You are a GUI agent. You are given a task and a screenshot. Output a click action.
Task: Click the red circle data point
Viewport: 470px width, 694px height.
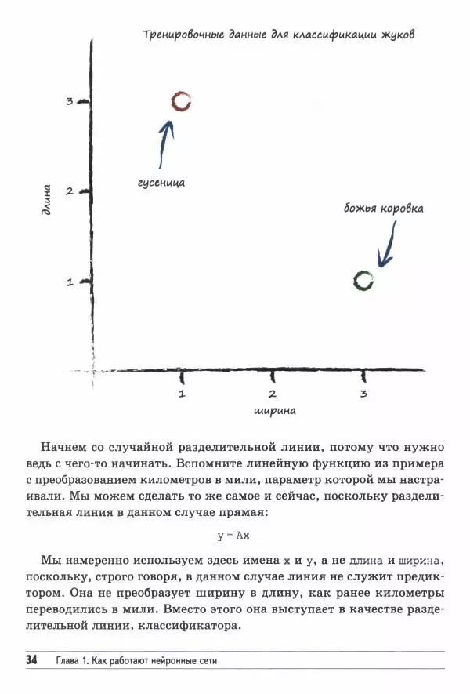coord(181,101)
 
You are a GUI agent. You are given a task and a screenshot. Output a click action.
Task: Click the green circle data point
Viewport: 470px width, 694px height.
coord(363,281)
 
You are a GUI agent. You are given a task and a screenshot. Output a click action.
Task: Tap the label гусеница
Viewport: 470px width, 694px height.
coord(161,182)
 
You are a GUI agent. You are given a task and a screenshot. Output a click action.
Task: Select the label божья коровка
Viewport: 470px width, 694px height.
coord(384,209)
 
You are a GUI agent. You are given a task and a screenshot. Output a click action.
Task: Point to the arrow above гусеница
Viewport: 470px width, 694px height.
coord(164,142)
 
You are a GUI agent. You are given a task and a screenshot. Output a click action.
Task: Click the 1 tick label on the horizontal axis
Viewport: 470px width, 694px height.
coord(182,394)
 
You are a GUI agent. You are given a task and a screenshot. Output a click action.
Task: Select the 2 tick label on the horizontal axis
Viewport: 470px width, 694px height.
coord(272,394)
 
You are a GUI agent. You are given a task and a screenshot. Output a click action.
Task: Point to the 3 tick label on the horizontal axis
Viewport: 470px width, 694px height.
coord(363,394)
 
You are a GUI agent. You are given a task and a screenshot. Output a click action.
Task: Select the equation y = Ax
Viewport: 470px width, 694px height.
coord(234,536)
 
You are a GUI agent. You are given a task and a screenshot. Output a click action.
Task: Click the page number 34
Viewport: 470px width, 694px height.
coord(31,660)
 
